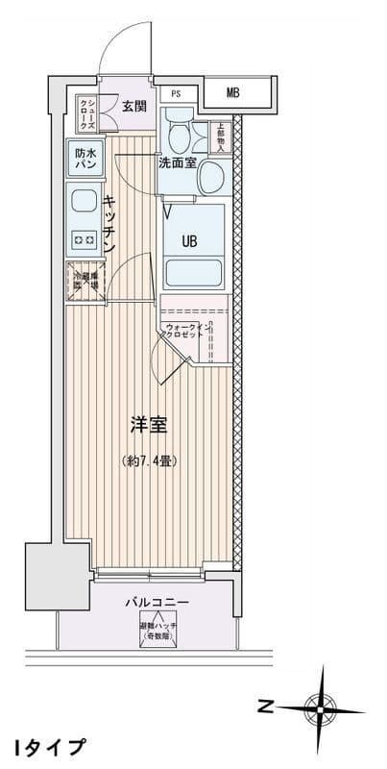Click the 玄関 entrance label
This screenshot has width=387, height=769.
[133, 107]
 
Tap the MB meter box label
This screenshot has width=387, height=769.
[233, 93]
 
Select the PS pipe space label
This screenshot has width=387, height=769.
[176, 93]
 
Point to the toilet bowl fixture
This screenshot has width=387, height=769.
[179, 127]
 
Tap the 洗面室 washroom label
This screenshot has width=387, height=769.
[178, 162]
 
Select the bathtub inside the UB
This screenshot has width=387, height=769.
[195, 271]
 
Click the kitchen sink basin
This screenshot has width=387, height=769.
[82, 202]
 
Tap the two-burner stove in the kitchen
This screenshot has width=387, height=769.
[82, 239]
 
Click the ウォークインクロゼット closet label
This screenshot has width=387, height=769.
[185, 333]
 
